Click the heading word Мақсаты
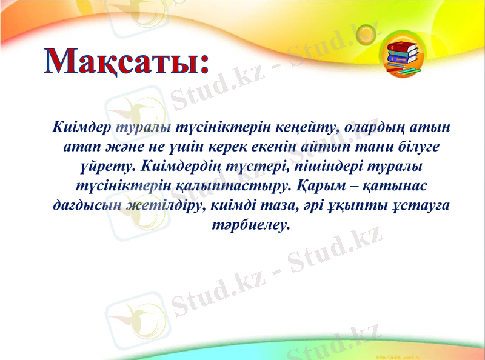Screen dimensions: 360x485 pyautogui.click(x=125, y=62)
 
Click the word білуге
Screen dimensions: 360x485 pyautogui.click(x=414, y=147)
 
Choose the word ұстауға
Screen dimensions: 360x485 pyautogui.click(x=422, y=205)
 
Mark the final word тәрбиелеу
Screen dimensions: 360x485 pyautogui.click(x=248, y=224)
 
